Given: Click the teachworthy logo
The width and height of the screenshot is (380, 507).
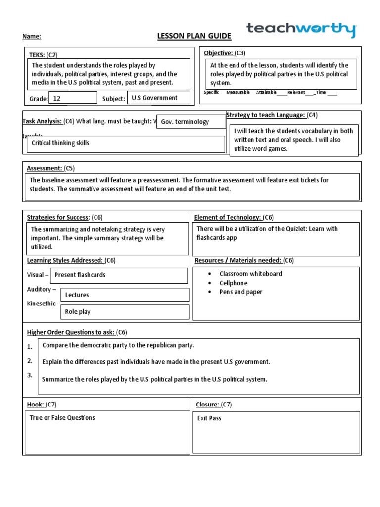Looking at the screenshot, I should [x=301, y=30].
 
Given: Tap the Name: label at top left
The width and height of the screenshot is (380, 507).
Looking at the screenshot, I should [x=32, y=37].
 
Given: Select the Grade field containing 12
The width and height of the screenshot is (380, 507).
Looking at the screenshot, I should [x=73, y=98].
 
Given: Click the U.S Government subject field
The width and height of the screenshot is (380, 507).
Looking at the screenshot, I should [x=158, y=98].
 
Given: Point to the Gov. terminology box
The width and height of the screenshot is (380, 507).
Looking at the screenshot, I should [x=190, y=122].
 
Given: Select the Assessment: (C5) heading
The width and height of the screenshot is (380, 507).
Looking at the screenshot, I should [x=51, y=168].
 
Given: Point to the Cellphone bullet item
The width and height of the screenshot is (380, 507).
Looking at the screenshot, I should [x=234, y=283].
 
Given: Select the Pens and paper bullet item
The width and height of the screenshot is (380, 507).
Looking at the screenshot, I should [x=240, y=292].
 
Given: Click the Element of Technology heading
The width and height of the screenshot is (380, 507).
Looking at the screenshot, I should [x=234, y=217].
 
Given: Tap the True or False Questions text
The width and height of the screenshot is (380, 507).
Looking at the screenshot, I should [x=62, y=418].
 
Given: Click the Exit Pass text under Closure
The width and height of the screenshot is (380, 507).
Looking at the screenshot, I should [x=209, y=418].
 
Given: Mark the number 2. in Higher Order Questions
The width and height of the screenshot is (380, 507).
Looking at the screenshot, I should [x=30, y=360].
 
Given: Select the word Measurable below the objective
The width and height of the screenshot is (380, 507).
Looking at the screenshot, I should [x=238, y=93].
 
